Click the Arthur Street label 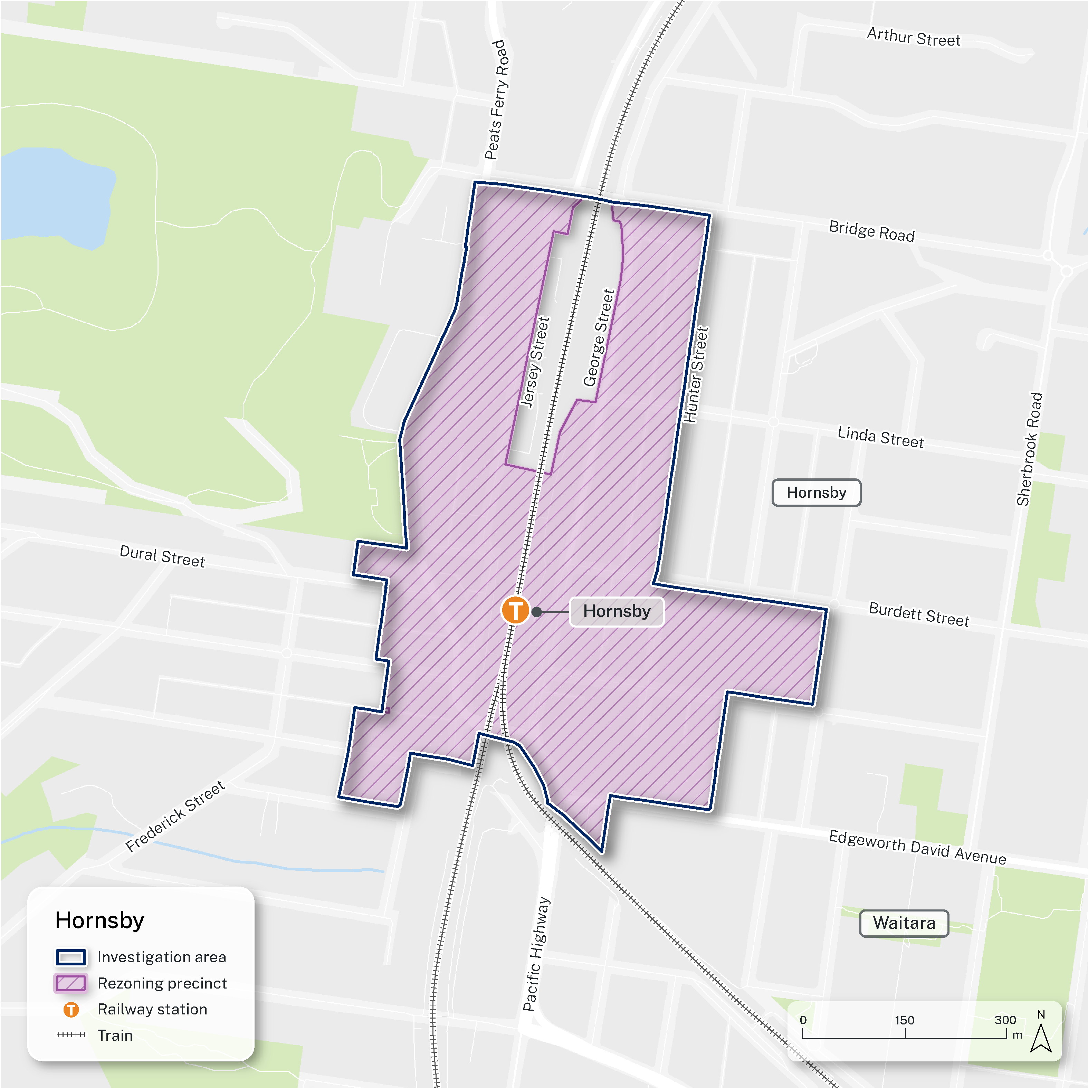914,38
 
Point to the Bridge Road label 872,231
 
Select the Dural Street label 162,556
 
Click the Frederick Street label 175,816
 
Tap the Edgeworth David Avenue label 917,847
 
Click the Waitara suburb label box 904,923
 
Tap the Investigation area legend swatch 70,957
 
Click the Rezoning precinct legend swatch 70,983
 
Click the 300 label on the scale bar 1005,1020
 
